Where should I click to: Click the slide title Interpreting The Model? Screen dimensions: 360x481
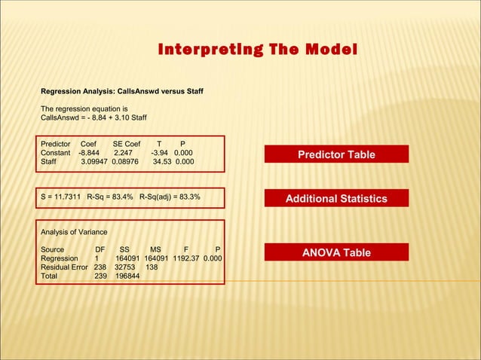coord(257,50)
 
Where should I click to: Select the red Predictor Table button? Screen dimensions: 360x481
coord(336,154)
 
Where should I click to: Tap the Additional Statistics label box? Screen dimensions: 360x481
coord(336,199)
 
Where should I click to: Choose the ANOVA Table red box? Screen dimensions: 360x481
coord(336,252)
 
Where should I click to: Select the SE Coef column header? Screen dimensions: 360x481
coord(126,143)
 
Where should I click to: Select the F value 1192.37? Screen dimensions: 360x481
coord(191,258)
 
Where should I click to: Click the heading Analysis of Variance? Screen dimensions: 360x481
coord(74,231)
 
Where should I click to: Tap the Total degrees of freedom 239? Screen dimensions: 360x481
coord(100,276)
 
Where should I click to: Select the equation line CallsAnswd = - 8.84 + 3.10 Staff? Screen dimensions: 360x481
coord(93,118)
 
